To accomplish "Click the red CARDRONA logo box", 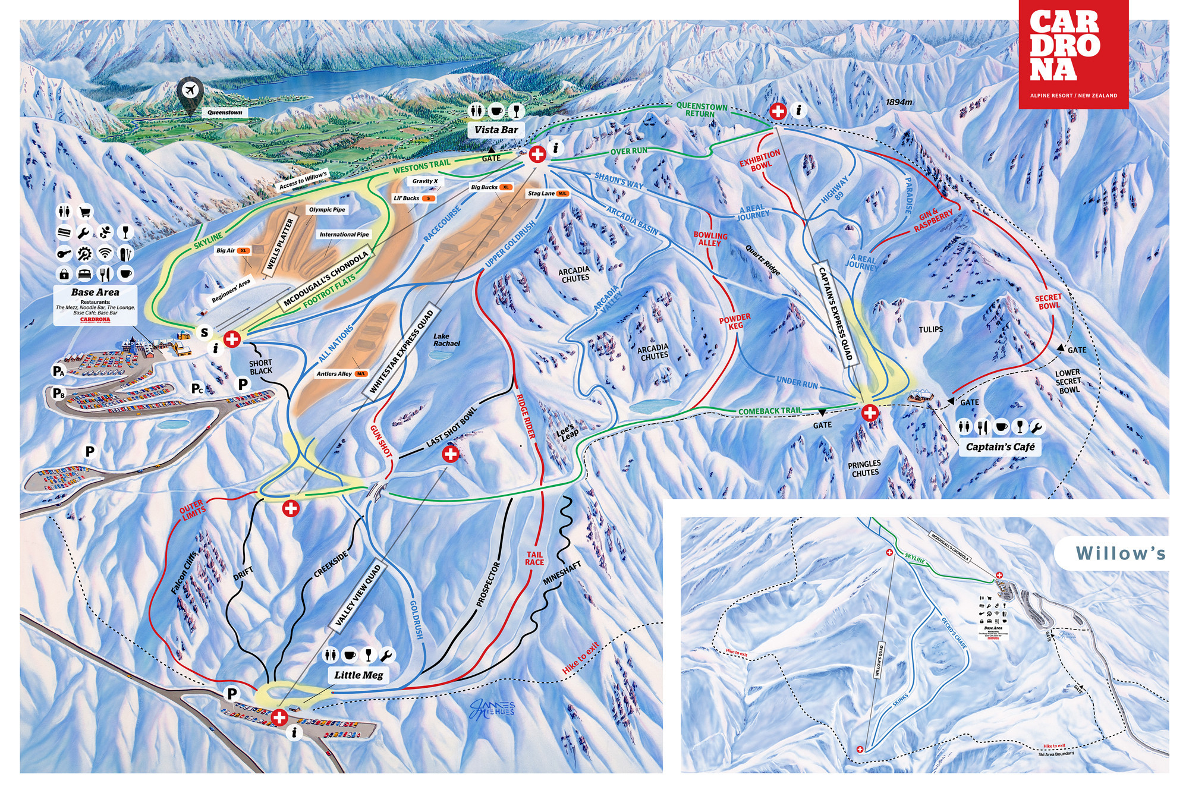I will click(1074, 54).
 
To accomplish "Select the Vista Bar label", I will click(496, 130).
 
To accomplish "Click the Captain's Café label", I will click(1000, 446).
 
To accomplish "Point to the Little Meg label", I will click(358, 675).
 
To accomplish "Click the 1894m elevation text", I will click(898, 102).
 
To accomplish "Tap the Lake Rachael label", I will click(446, 340).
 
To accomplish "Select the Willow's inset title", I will click(1120, 553).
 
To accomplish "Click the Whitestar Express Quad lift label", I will click(402, 353).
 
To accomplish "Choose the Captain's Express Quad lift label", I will click(836, 313).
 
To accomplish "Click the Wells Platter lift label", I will click(281, 243).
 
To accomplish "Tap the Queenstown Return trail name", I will click(701, 110).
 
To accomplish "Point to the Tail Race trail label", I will click(534, 558).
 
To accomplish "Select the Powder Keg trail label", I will click(735, 322).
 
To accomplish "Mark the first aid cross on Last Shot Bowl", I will click(451, 455).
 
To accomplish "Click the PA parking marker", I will click(58, 372).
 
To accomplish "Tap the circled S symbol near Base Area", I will click(205, 333).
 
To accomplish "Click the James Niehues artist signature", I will click(491, 708).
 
